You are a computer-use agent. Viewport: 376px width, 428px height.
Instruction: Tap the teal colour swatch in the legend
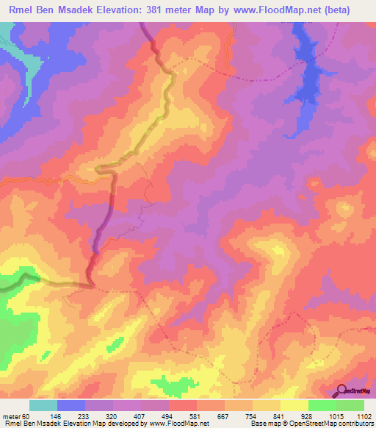click(x=43, y=405)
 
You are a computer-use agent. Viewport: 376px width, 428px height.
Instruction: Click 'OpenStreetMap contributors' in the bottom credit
click(x=337, y=423)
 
